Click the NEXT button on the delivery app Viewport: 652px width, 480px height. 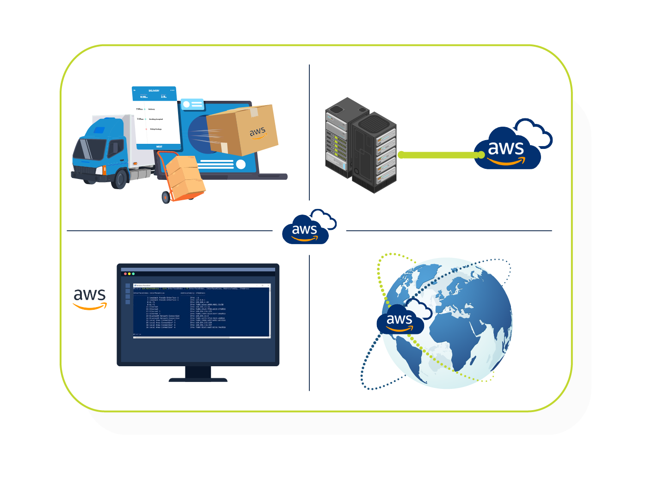pyautogui.click(x=159, y=147)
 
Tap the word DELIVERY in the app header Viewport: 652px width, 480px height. pyautogui.click(x=154, y=91)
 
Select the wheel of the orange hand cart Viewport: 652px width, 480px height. pyautogui.click(x=166, y=198)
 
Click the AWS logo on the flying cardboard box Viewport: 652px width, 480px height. pyautogui.click(x=258, y=132)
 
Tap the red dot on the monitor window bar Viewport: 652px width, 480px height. pyautogui.click(x=125, y=274)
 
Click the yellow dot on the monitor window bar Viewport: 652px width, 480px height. pyautogui.click(x=129, y=274)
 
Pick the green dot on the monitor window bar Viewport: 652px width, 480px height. pyautogui.click(x=134, y=274)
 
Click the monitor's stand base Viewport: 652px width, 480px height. pyautogui.click(x=198, y=380)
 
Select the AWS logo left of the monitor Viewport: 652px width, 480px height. pyautogui.click(x=90, y=298)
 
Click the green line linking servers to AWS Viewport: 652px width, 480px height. pyautogui.click(x=439, y=155)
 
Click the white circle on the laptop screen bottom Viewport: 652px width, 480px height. pyautogui.click(x=241, y=164)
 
